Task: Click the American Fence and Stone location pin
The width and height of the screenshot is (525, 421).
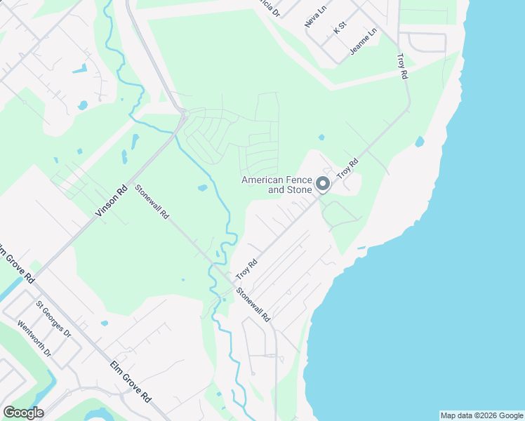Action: pyautogui.click(x=323, y=184)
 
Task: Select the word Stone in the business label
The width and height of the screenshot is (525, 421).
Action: pyautogui.click(x=298, y=190)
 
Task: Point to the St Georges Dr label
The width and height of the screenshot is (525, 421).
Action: pyautogui.click(x=54, y=319)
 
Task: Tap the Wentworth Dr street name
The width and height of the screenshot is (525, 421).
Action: pyautogui.click(x=34, y=338)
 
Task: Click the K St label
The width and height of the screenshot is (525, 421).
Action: pyautogui.click(x=340, y=27)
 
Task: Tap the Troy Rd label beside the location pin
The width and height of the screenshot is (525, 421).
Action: pyautogui.click(x=347, y=168)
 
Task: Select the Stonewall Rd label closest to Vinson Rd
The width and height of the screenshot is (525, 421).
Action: pyautogui.click(x=152, y=202)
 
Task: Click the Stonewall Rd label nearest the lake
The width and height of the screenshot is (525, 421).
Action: pyautogui.click(x=253, y=305)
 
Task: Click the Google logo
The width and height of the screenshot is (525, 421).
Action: pyautogui.click(x=23, y=413)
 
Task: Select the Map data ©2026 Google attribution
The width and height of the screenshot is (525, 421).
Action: pyautogui.click(x=481, y=415)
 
